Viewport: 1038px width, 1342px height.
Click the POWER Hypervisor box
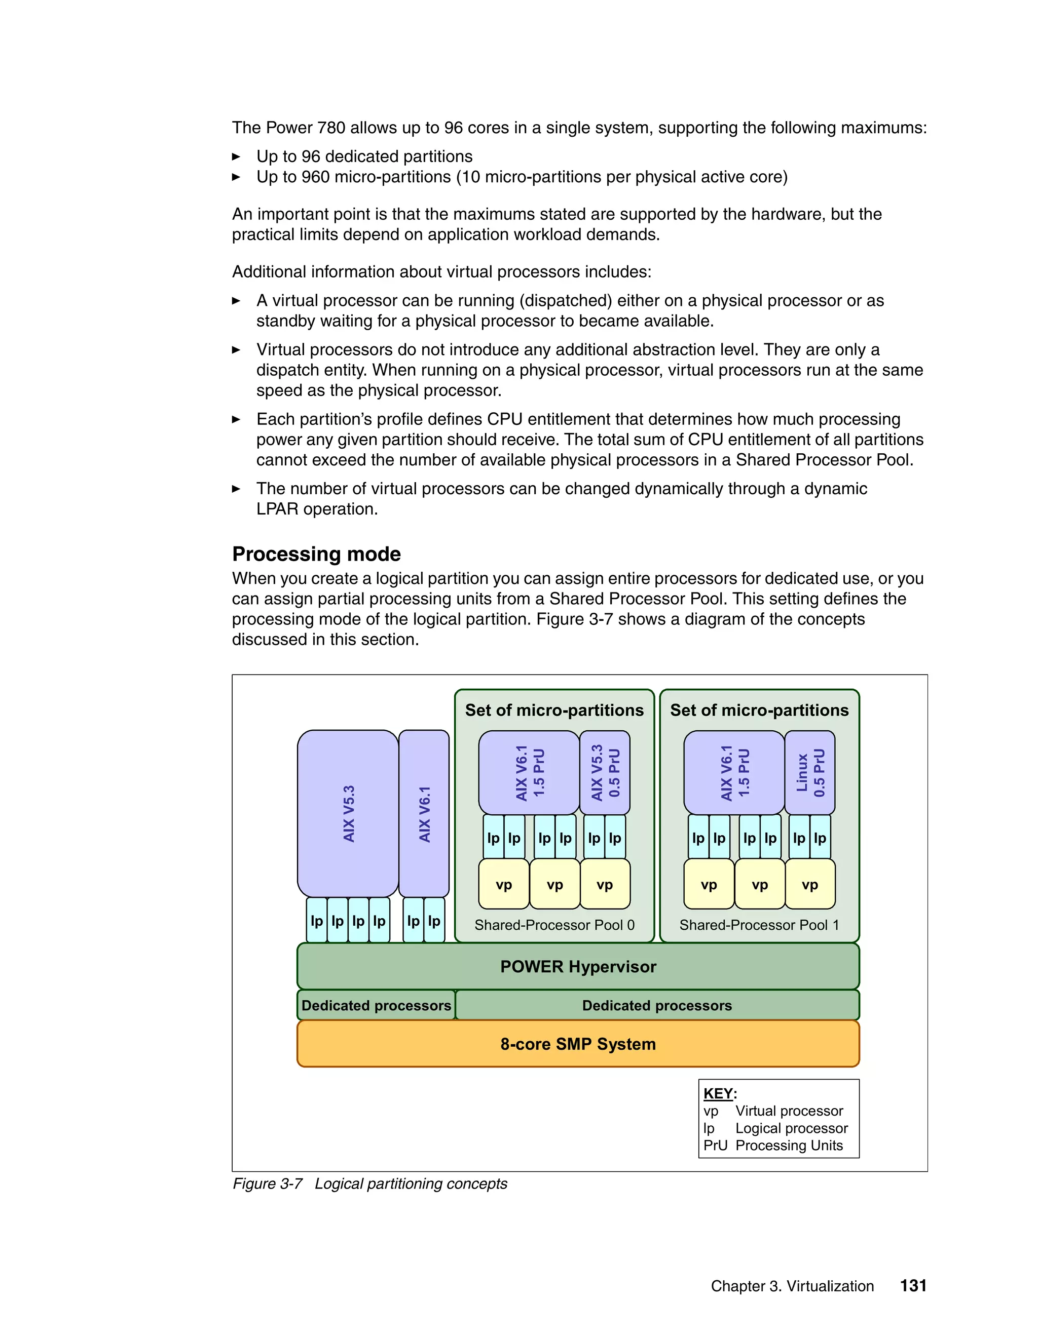[578, 967]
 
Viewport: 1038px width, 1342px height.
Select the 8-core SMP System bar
[578, 1044]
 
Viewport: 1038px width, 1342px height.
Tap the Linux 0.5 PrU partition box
[810, 772]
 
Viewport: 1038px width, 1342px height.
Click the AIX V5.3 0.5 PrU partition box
[605, 772]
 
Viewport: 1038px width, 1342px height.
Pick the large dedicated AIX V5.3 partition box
[348, 813]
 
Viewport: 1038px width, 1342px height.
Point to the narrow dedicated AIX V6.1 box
[424, 813]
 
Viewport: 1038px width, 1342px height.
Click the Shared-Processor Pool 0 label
[554, 925]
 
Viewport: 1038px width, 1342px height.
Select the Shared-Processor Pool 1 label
[759, 925]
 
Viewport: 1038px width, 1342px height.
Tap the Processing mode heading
[316, 554]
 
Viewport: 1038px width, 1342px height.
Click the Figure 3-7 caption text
[369, 1183]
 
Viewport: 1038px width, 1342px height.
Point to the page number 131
[913, 1285]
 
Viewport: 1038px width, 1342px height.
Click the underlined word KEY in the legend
[718, 1093]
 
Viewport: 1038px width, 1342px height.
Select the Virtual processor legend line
[773, 1111]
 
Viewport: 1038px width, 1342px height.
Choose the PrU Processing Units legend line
[773, 1146]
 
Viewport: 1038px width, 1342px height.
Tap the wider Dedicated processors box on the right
[657, 1005]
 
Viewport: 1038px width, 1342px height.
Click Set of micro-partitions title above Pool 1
[759, 711]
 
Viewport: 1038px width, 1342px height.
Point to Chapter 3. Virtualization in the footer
[792, 1286]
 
